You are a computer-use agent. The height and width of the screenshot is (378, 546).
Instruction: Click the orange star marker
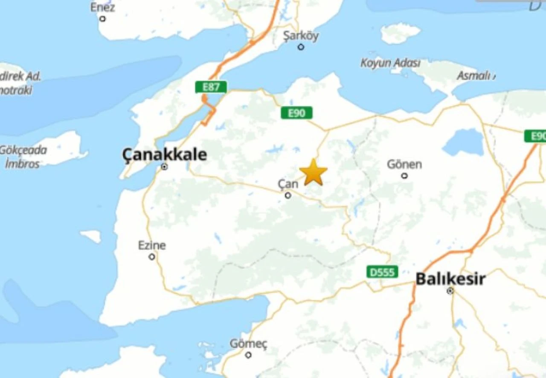pyautogui.click(x=314, y=173)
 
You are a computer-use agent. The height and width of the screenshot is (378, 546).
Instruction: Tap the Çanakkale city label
pyautogui.click(x=165, y=155)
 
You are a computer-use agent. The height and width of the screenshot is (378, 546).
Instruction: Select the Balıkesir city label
pyautogui.click(x=450, y=279)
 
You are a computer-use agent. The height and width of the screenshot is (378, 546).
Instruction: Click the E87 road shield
pyautogui.click(x=211, y=87)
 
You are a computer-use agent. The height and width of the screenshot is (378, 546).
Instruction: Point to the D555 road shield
pyautogui.click(x=382, y=272)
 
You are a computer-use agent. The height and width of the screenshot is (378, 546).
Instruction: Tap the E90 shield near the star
pyautogui.click(x=296, y=113)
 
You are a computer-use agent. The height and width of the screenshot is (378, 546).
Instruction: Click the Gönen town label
pyautogui.click(x=404, y=164)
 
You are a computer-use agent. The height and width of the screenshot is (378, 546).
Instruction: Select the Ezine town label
pyautogui.click(x=152, y=245)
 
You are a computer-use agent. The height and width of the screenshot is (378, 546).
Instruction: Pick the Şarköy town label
pyautogui.click(x=301, y=36)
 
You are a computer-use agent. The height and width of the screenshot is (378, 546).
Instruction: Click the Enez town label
pyautogui.click(x=102, y=7)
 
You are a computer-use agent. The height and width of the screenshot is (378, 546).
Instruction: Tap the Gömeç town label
pyautogui.click(x=248, y=343)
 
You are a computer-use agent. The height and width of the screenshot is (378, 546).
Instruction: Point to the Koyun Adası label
pyautogui.click(x=390, y=63)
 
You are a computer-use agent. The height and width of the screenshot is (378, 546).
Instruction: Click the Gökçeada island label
pyautogui.click(x=23, y=150)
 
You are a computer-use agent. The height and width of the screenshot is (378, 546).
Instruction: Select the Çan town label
pyautogui.click(x=288, y=184)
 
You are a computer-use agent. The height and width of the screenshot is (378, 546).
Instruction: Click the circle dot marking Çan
pyautogui.click(x=288, y=195)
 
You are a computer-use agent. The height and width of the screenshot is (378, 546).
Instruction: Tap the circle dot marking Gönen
pyautogui.click(x=404, y=176)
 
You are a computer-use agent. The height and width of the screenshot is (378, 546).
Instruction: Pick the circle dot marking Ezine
pyautogui.click(x=152, y=257)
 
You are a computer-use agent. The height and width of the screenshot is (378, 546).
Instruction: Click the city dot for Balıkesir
pyautogui.click(x=450, y=291)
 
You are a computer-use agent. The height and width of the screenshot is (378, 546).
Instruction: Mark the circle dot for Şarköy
pyautogui.click(x=301, y=47)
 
